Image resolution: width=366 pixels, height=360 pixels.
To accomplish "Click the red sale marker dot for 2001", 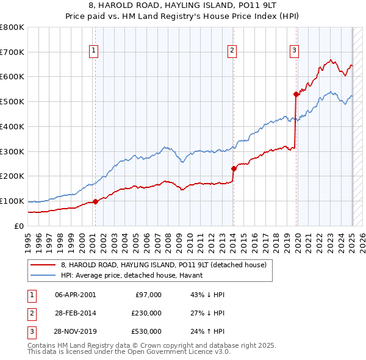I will [95, 202].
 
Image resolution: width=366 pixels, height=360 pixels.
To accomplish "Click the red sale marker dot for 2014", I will [234, 168].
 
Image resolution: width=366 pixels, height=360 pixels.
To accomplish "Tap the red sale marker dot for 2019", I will [296, 94].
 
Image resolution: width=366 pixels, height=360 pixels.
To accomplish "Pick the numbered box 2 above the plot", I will [232, 51].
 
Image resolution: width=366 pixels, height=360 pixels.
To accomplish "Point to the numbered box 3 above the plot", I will [294, 51].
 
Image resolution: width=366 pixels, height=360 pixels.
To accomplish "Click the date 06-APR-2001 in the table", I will [76, 295].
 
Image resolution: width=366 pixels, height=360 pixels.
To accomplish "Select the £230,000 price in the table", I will [146, 313].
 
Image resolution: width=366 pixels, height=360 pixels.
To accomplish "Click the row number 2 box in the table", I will [31, 313].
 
